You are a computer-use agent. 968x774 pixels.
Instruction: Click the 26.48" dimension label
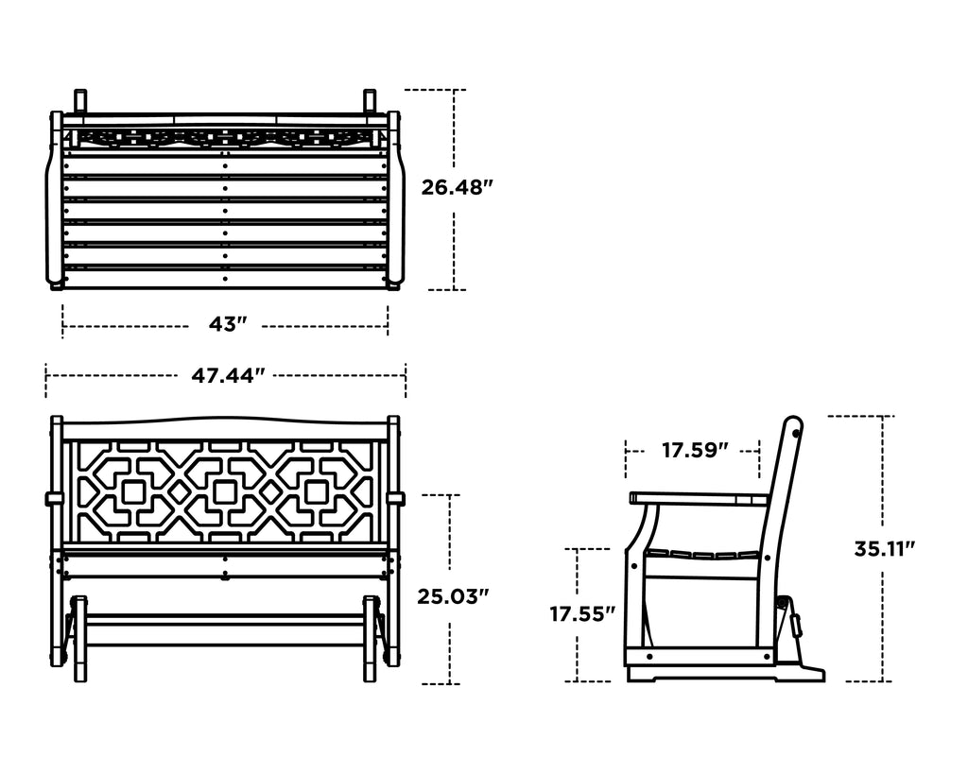(x=458, y=188)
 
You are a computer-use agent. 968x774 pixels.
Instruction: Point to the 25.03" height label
(x=453, y=597)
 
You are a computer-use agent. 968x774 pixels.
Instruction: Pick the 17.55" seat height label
(x=582, y=614)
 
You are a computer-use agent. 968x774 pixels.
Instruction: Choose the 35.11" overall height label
(x=884, y=549)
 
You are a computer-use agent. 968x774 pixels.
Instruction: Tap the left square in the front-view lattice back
(x=133, y=492)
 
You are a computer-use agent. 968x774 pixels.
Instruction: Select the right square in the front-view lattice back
(x=317, y=492)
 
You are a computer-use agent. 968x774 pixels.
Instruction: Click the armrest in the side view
(x=700, y=498)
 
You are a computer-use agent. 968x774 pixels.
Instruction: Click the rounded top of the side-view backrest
(x=794, y=426)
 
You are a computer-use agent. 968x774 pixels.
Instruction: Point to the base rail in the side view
(x=699, y=657)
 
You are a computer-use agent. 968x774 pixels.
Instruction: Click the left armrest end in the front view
(x=54, y=498)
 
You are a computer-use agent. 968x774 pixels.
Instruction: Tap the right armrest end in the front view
(x=395, y=498)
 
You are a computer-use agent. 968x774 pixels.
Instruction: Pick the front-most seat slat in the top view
(x=225, y=279)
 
